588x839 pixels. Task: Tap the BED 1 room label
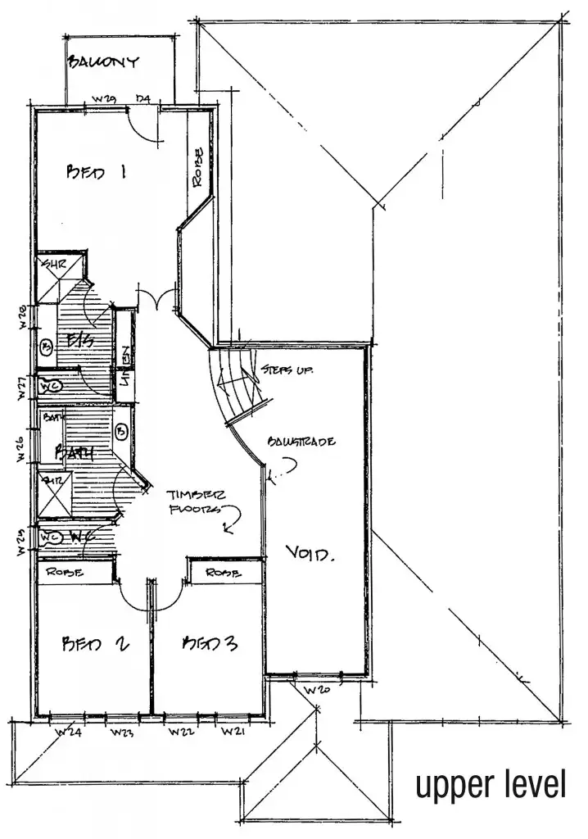point(97,173)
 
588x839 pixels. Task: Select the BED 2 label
point(96,643)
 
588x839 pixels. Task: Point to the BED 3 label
point(210,643)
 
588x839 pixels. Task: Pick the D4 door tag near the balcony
point(144,100)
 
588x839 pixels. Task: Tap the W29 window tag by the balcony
point(104,100)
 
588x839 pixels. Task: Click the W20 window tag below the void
point(317,690)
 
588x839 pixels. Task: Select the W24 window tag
point(70,732)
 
